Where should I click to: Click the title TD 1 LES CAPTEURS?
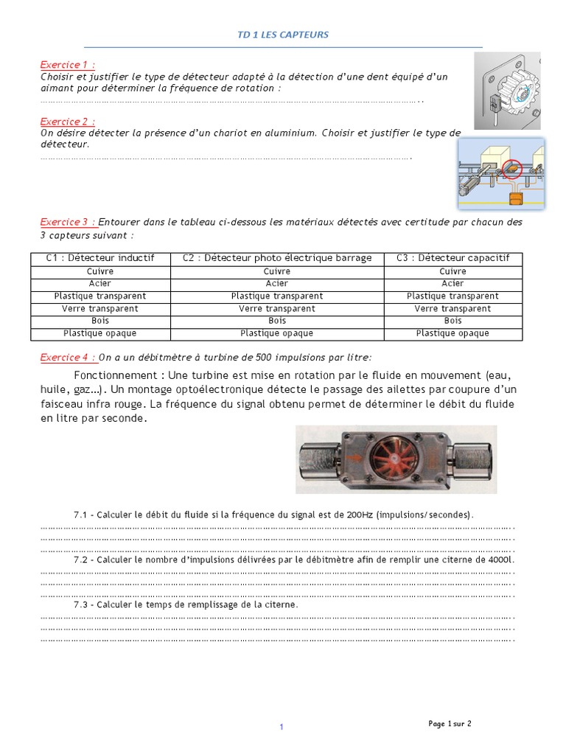283,35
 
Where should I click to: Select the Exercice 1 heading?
67,64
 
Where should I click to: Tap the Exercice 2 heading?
67,121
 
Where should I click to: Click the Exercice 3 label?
68,222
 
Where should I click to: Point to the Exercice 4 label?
68,358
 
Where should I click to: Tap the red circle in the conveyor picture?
512,170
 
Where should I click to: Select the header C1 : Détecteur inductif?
100,258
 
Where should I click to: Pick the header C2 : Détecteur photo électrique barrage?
277,258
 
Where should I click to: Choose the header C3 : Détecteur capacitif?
453,258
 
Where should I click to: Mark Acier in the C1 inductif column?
100,283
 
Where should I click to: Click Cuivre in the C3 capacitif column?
453,271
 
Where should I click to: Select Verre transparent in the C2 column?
277,309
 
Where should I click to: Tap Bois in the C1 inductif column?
100,321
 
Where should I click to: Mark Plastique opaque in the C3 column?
453,333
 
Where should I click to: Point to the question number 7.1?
80,515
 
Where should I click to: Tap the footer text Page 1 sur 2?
450,724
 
